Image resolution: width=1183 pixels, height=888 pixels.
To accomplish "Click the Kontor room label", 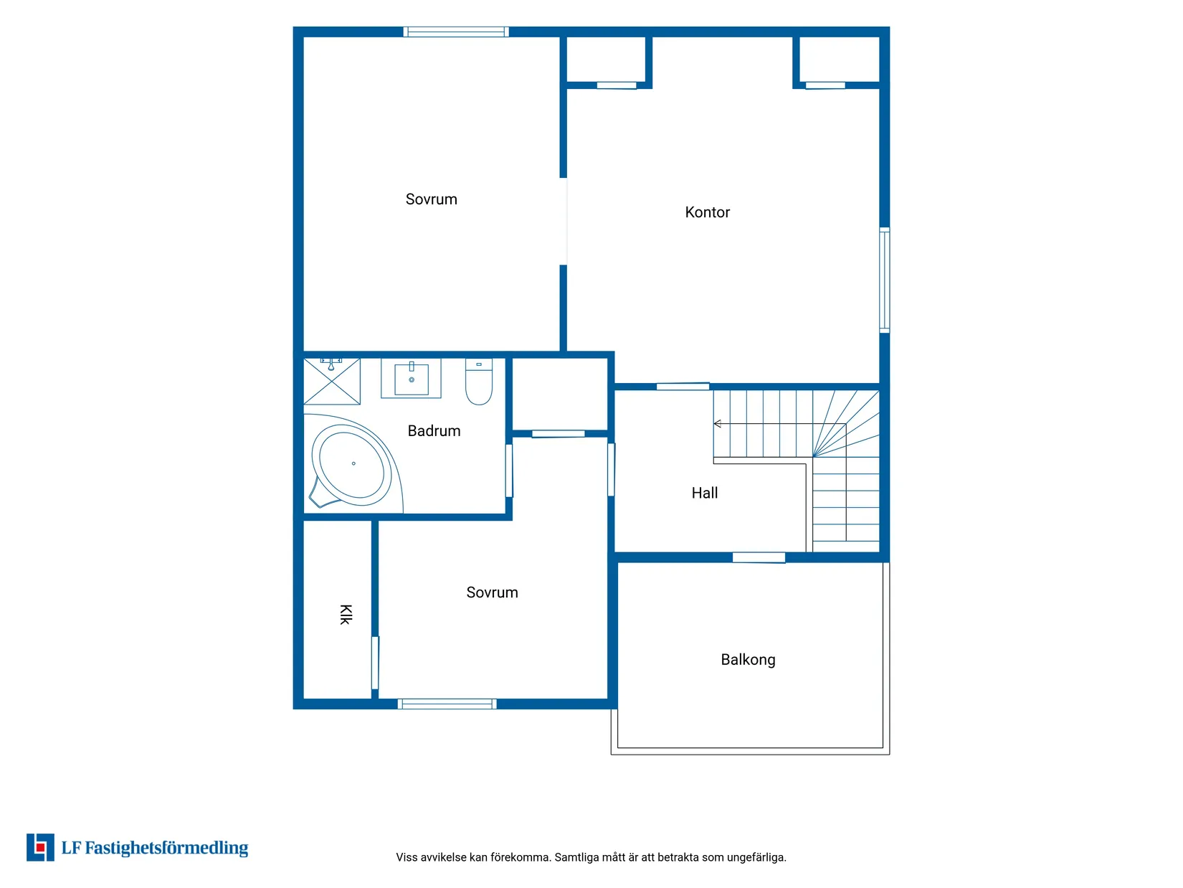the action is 707,212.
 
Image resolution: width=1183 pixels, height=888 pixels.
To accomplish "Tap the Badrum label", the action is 434,431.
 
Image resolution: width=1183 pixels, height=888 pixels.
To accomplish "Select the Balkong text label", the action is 748,660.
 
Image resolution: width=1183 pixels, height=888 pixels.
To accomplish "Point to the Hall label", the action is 704,493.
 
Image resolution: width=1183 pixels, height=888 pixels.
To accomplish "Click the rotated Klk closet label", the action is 346,615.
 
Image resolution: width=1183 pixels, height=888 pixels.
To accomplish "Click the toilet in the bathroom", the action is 479,382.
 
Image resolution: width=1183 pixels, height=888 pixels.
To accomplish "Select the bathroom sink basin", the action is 412,379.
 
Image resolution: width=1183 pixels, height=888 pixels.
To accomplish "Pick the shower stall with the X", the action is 332,381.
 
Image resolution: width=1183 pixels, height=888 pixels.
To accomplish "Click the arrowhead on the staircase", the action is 718,424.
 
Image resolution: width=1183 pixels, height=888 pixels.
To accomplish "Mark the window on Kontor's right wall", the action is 885,280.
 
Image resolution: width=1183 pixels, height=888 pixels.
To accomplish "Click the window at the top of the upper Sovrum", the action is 456,32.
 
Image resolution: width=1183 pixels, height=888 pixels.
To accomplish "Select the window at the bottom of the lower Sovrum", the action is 447,704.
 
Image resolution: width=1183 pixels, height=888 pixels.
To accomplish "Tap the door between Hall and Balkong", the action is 759,557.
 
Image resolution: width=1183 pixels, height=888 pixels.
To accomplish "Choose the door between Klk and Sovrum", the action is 375,663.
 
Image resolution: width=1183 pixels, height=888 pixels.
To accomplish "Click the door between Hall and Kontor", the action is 683,387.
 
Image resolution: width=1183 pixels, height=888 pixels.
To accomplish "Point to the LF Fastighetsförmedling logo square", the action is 40,848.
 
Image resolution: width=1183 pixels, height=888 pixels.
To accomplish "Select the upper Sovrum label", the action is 431,199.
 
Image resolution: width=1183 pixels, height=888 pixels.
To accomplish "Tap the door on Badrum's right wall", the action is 509,471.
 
